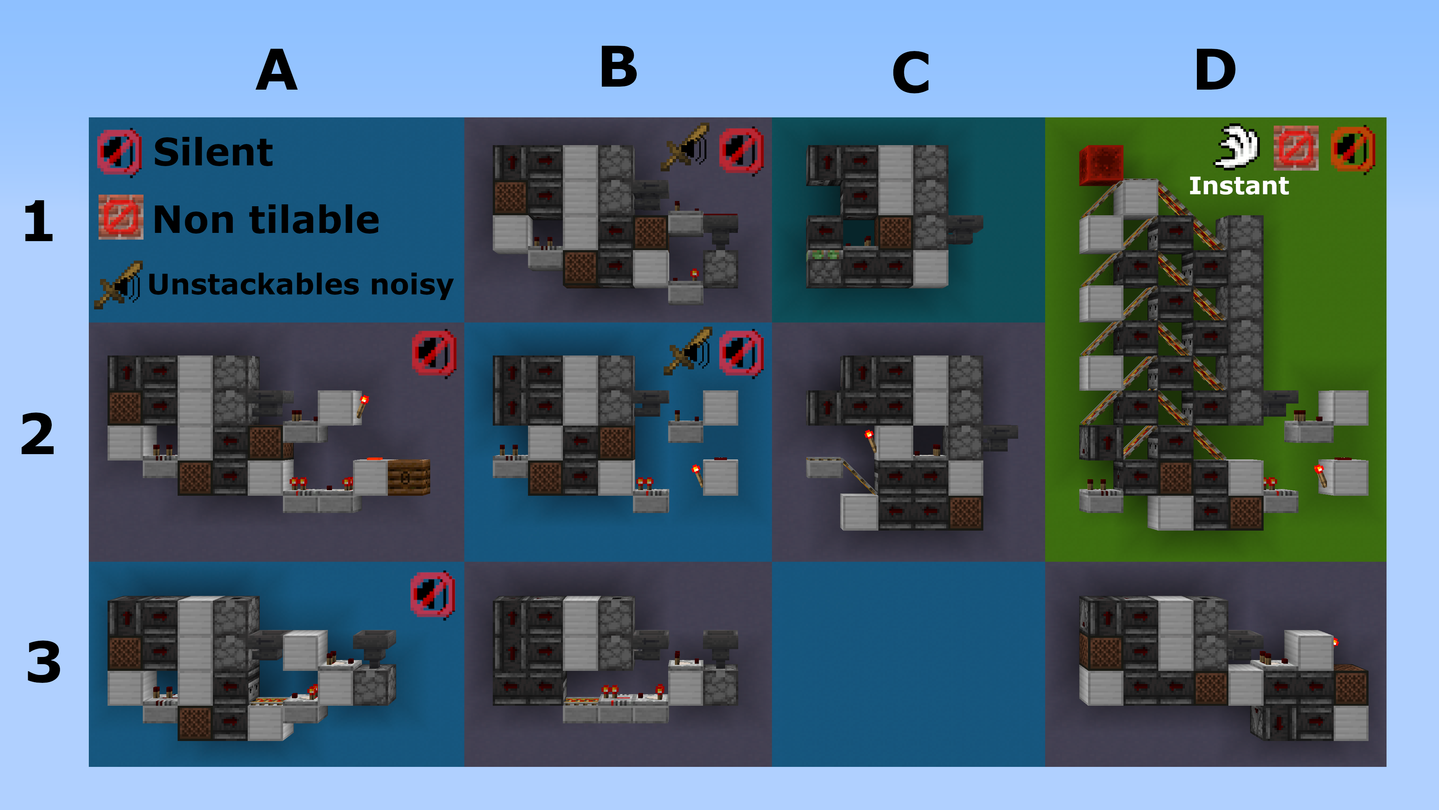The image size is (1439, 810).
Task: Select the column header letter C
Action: [911, 73]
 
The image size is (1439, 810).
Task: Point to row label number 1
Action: [38, 221]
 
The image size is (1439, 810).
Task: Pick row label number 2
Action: [37, 434]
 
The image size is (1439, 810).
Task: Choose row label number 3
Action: [43, 662]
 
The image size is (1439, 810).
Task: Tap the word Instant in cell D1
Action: [1239, 186]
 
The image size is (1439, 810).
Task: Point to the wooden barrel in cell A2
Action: [408, 477]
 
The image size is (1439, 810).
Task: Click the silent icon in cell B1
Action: [741, 151]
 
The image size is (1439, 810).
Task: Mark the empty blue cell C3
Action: [908, 664]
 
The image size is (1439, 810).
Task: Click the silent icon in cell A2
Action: [434, 353]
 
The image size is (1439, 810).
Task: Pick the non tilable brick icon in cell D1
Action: [1296, 148]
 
